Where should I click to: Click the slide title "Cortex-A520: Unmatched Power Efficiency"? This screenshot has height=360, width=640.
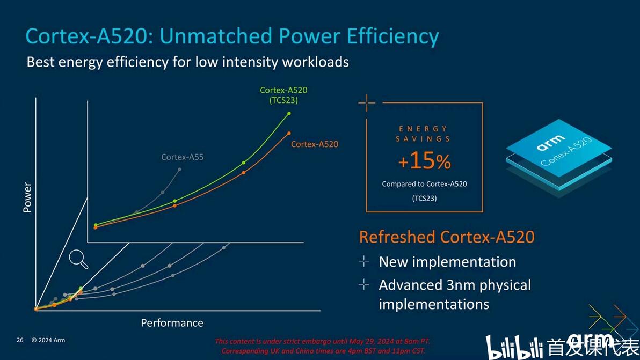[232, 36]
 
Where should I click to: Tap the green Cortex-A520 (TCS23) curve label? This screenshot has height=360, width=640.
[283, 95]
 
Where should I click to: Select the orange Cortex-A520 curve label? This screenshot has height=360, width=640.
[315, 144]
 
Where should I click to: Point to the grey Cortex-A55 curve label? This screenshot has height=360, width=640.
[183, 157]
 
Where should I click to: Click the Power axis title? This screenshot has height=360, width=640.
[27, 197]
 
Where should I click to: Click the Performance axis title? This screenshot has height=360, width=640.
[172, 322]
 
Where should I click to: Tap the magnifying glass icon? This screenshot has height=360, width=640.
[79, 259]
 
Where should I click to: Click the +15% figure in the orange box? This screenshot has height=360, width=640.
[424, 161]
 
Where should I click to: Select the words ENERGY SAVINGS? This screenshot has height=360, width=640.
[424, 134]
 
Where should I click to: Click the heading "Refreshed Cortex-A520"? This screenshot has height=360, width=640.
[447, 237]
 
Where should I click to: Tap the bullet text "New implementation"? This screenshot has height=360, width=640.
[447, 262]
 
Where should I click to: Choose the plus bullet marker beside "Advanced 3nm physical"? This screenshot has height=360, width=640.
[364, 284]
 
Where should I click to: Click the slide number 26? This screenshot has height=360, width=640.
[20, 340]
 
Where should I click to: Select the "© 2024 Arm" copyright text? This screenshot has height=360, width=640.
[48, 340]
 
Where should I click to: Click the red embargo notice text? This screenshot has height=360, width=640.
[323, 346]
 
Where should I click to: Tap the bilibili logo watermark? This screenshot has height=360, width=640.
[515, 347]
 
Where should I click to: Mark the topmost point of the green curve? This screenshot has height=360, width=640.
[289, 113]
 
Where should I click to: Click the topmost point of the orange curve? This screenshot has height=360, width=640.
[289, 133]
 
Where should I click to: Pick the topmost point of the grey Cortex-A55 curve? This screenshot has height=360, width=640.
[179, 170]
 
